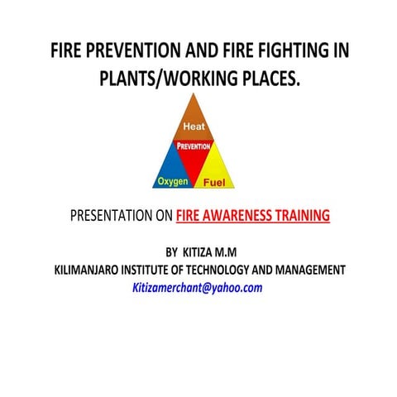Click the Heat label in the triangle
[x=197, y=127]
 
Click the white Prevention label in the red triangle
[x=197, y=146]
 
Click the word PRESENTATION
[x=111, y=216]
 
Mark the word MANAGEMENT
[x=313, y=270]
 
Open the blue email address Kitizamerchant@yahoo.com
[x=198, y=288]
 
